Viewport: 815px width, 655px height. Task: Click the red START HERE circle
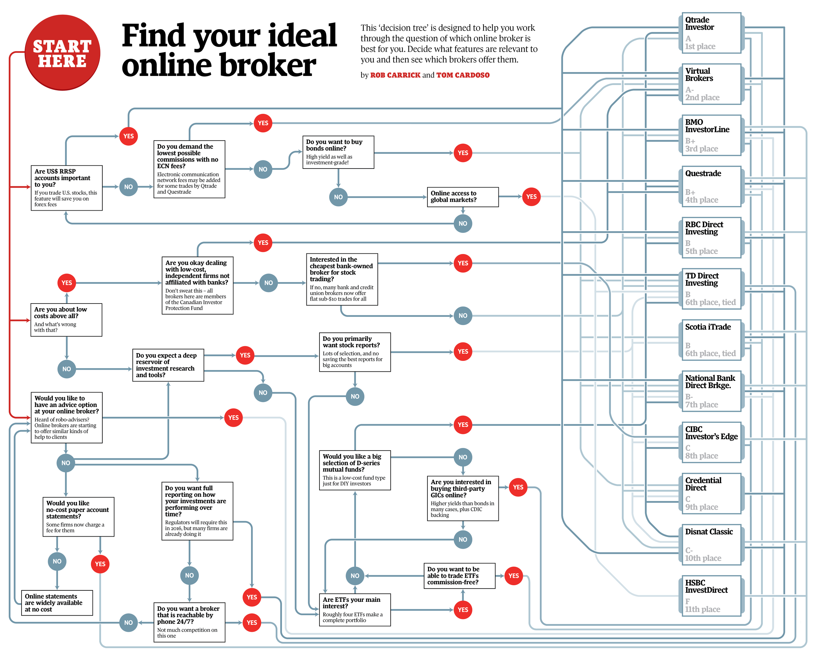62,52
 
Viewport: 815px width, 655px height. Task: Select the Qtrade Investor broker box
711,33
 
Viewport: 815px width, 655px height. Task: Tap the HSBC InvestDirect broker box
711,596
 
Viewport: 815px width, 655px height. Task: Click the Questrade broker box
711,186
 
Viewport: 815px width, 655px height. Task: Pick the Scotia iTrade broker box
711,340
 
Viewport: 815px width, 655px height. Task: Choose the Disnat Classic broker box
711,544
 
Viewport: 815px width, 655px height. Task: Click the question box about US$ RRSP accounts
67,187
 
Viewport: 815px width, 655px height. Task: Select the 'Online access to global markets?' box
462,197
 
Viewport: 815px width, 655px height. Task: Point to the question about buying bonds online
338,152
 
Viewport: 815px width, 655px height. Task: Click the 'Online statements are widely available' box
57,603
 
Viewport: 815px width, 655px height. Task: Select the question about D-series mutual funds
355,470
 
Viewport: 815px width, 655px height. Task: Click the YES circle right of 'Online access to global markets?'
531,197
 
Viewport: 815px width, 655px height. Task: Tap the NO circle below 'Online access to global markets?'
463,223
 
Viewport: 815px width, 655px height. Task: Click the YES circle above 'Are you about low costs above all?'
67,283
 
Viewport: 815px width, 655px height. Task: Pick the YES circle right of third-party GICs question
518,487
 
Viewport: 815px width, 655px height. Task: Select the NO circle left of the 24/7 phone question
128,622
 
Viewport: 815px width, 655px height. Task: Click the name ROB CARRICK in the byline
395,75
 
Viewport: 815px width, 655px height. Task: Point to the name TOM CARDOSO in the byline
463,75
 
